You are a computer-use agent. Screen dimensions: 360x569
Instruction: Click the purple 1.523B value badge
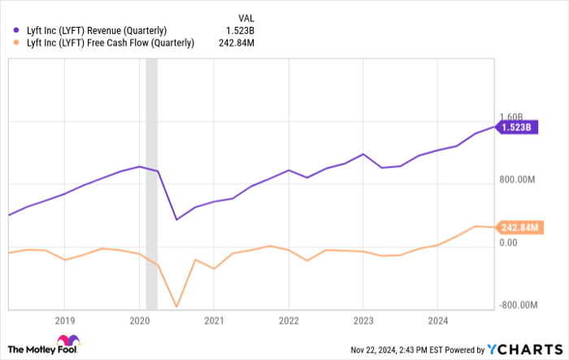[516, 128]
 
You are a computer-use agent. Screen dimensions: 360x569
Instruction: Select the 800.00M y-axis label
[518, 180]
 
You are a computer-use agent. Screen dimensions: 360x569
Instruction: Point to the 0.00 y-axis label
[509, 242]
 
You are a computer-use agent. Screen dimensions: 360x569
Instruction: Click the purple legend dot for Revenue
[16, 30]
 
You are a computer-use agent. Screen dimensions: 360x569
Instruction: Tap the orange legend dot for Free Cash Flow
[16, 43]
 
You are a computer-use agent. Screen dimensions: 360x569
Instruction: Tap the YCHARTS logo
[520, 349]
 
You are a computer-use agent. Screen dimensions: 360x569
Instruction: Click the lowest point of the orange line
[176, 307]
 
